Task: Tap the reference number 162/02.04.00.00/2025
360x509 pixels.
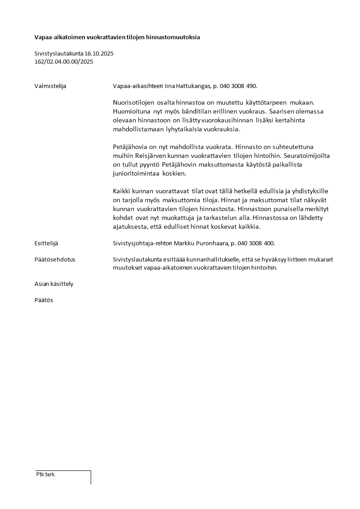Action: point(63,62)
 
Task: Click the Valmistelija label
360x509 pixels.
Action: point(50,86)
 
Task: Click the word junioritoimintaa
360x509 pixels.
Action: point(136,173)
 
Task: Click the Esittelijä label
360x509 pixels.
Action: point(46,244)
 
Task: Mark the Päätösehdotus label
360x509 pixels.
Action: point(55,260)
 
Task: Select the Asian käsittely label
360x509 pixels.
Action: point(54,284)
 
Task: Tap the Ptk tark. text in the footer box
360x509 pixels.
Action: point(46,475)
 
